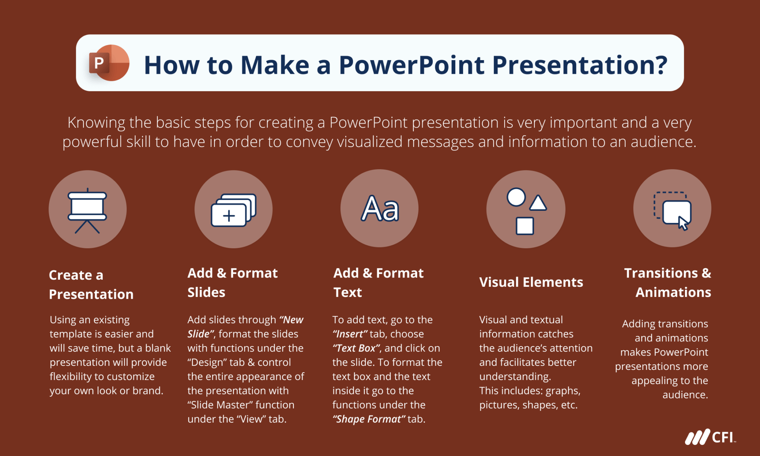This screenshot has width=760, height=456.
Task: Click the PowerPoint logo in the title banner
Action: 109,63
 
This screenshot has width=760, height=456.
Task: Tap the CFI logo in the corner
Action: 710,437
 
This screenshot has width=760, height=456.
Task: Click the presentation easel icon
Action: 87,211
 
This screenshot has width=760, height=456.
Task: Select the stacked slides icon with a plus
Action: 233,210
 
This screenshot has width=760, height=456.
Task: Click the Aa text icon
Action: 380,209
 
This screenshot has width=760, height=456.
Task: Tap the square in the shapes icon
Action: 525,226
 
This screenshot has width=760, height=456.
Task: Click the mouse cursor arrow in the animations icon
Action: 683,223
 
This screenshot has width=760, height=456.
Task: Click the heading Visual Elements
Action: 531,282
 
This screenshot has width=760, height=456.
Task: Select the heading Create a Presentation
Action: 91,285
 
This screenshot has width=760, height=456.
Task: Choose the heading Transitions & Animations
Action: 668,283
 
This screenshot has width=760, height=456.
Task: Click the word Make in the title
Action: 275,65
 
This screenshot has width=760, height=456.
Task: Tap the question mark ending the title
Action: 661,65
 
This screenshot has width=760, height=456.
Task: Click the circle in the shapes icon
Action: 516,197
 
